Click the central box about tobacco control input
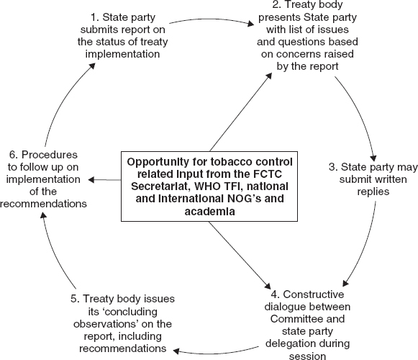(209, 186)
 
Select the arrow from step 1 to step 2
(212, 19)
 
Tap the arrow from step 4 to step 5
(216, 353)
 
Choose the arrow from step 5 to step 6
(55, 252)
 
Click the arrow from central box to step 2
(241, 112)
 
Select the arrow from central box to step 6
(104, 180)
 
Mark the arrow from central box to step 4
(240, 256)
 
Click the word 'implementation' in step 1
(122, 54)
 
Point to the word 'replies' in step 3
(373, 192)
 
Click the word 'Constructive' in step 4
(314, 294)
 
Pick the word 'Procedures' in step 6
(50, 155)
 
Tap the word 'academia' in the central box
(209, 212)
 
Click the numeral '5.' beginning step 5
(75, 299)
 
